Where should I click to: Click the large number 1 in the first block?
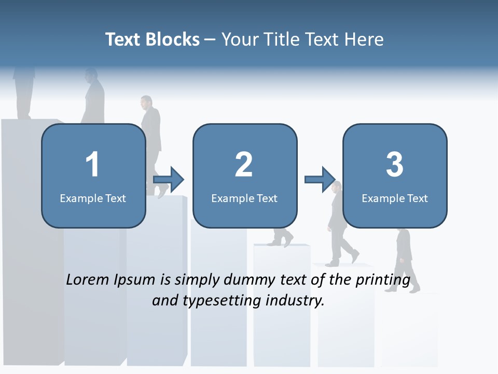[x=92, y=165]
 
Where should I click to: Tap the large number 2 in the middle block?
[x=244, y=165]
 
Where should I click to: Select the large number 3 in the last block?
[x=395, y=165]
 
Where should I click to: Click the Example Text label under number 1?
[x=93, y=198]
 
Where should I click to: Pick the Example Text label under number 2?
[x=244, y=198]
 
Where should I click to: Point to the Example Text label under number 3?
[x=395, y=198]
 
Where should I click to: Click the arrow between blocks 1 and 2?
[x=169, y=179]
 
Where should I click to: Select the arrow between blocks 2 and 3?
[x=320, y=179]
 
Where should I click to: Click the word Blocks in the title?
[x=173, y=39]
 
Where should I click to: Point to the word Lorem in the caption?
[x=88, y=279]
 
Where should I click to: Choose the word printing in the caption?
[x=382, y=279]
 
